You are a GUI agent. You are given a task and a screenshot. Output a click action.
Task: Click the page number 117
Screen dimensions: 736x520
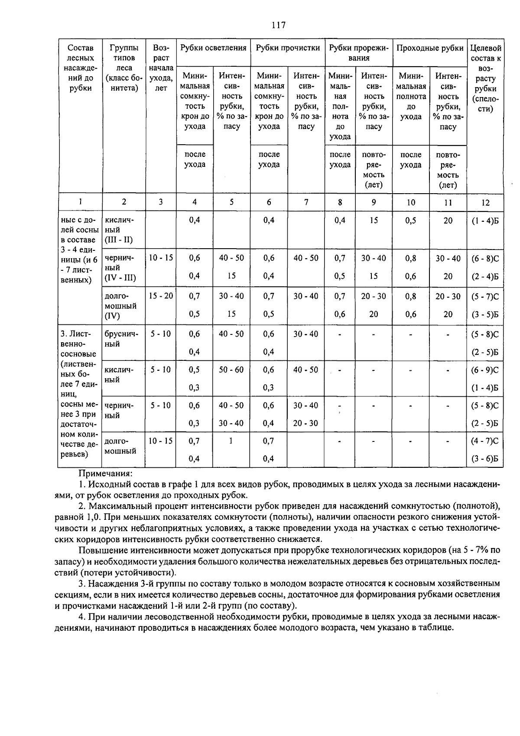pos(279,25)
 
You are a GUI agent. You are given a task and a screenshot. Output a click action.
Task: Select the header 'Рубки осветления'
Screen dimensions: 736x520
pos(213,48)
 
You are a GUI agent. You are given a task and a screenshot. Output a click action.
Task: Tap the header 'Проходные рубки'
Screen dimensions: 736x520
pos(430,48)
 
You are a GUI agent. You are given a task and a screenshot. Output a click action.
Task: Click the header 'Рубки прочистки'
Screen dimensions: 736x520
pos(288,48)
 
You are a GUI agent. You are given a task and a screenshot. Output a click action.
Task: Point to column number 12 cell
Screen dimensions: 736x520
pos(485,202)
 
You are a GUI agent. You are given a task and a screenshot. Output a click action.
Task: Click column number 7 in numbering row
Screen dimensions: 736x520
pos(306,202)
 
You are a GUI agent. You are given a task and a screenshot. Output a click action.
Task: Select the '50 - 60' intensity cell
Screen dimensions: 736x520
pos(231,370)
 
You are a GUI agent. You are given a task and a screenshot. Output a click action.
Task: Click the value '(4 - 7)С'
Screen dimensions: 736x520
pos(485,441)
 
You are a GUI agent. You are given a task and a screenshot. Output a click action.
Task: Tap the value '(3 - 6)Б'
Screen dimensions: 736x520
pos(485,459)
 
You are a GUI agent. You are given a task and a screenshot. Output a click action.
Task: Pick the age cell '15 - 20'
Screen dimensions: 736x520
pos(161,296)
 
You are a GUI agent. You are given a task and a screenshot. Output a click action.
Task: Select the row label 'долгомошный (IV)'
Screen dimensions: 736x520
pos(121,306)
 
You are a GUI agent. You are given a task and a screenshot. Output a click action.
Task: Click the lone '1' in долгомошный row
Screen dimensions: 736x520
pos(231,441)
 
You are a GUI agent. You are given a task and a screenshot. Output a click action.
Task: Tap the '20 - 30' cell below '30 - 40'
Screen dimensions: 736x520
pos(305,423)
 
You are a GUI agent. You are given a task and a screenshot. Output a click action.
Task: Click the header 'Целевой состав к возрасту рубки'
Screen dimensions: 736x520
pos(486,78)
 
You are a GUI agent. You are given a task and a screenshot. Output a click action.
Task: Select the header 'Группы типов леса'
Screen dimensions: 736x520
pos(124,68)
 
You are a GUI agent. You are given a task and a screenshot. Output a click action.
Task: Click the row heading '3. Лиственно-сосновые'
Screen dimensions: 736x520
pos(79,344)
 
